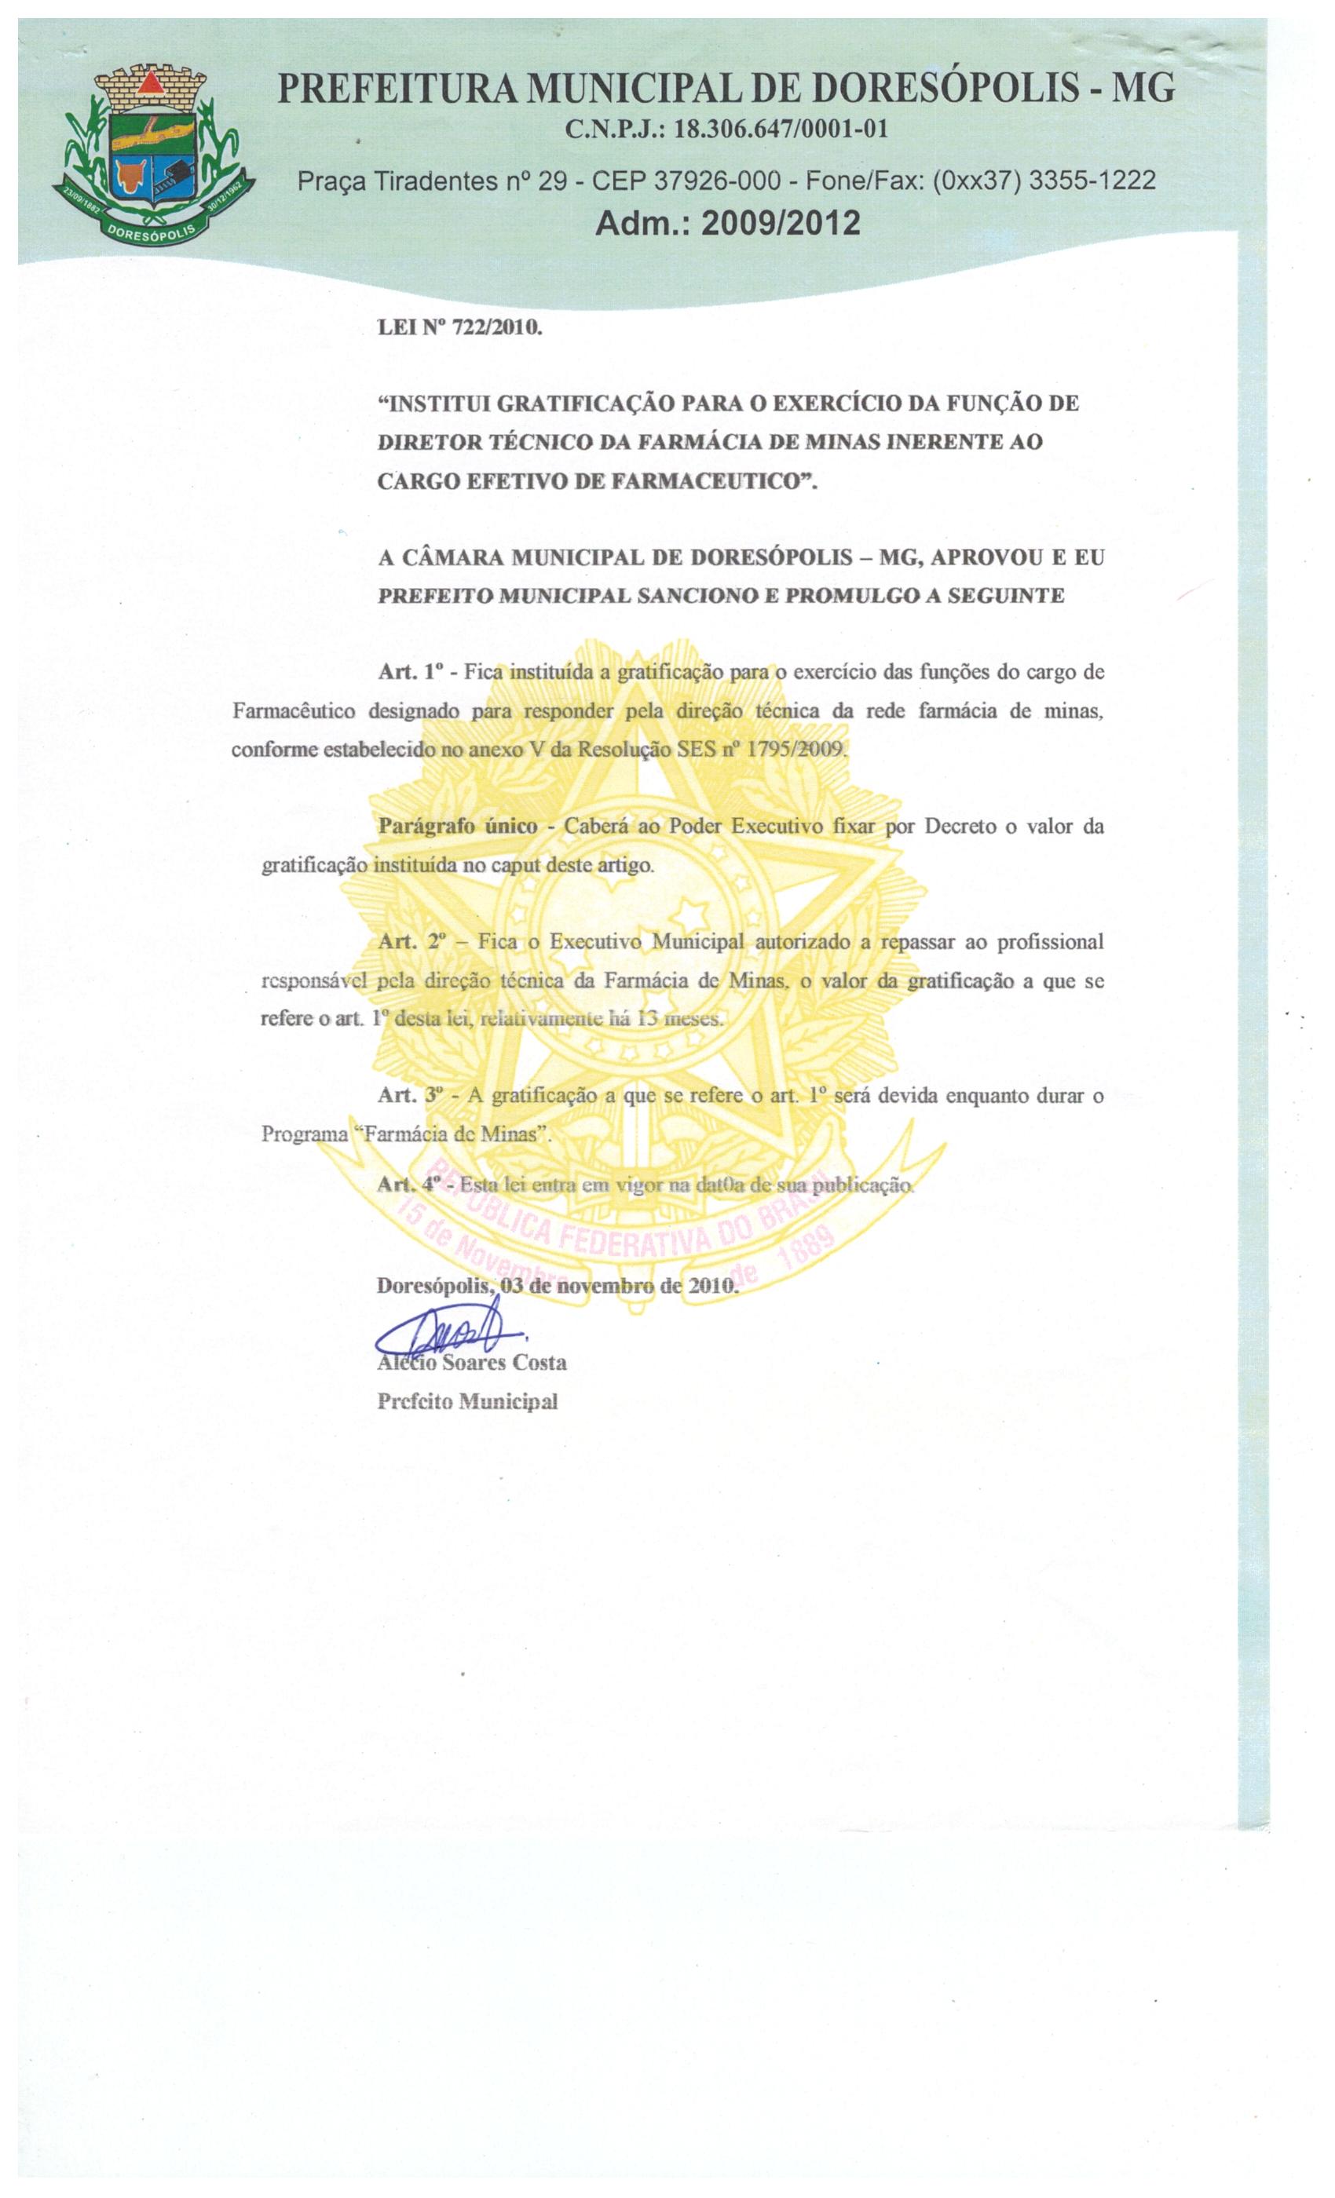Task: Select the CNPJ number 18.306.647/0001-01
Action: coord(780,130)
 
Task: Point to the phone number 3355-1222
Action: coord(1092,181)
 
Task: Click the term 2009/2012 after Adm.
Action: coord(781,223)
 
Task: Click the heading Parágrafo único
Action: coord(458,826)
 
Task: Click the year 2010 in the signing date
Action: coord(712,1287)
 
